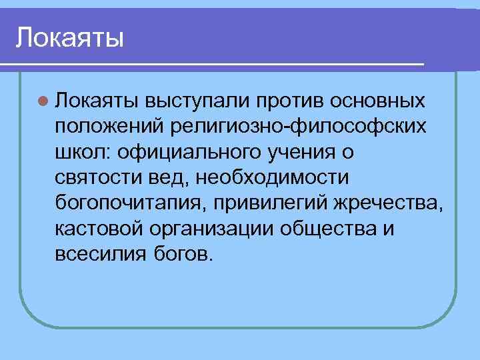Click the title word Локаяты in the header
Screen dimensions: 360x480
70,37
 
